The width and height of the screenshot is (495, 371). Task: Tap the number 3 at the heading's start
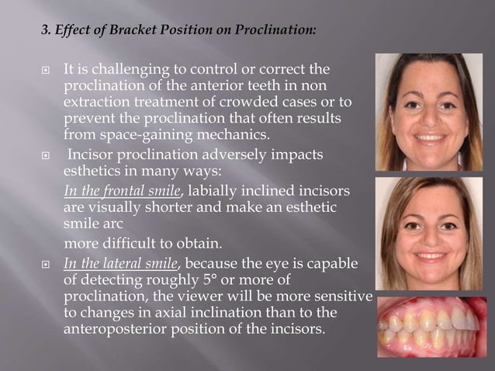45,32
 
